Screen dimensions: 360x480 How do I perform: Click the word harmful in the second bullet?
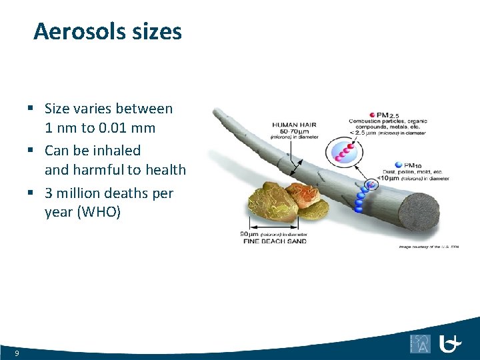104,170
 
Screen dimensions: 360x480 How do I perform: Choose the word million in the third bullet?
84,193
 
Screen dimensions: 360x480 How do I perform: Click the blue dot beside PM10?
399,164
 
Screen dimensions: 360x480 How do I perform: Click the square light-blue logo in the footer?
421,343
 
